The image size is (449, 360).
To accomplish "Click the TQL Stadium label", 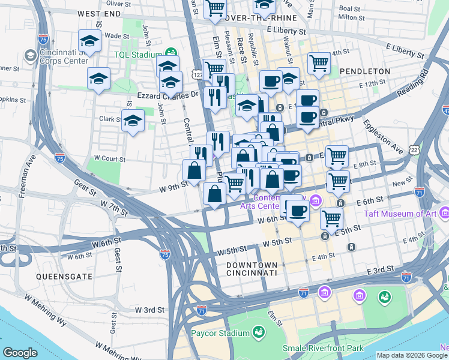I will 139,53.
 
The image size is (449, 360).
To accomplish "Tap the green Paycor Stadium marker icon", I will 259,332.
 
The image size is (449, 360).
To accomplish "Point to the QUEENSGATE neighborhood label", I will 64,277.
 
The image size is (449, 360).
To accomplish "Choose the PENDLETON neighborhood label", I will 364,71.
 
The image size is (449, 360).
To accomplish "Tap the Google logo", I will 20,353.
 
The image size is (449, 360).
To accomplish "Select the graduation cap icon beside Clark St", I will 133,121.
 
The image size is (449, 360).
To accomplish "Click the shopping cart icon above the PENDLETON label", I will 319,62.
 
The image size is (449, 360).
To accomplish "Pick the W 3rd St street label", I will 149,310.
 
